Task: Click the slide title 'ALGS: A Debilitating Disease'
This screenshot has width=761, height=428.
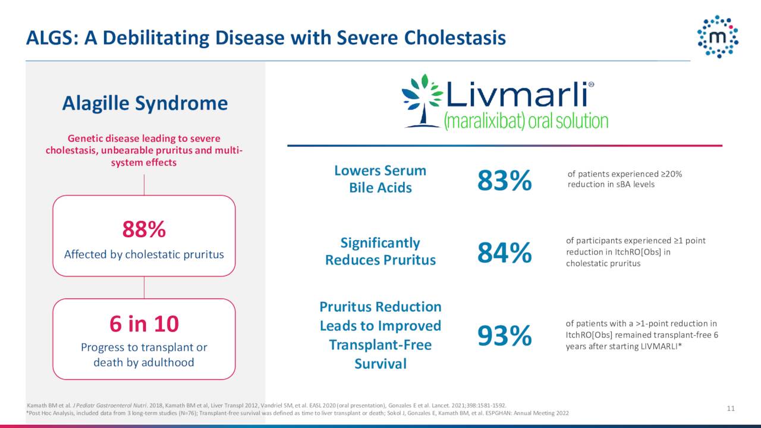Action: [x=266, y=37]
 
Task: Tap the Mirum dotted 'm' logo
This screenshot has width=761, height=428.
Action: [x=718, y=37]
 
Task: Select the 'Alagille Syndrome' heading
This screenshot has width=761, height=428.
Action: [x=144, y=103]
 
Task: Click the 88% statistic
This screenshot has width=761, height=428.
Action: [x=144, y=228]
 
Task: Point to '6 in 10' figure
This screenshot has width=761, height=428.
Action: [x=144, y=324]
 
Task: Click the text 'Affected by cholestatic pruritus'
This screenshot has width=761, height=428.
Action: [x=144, y=254]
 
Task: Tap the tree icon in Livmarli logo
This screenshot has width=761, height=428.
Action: [x=422, y=100]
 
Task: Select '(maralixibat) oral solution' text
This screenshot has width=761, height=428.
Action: [x=526, y=121]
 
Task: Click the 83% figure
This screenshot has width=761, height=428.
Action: [x=504, y=181]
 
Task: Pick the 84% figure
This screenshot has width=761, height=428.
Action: [x=504, y=253]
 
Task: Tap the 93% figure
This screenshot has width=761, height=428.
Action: [x=504, y=336]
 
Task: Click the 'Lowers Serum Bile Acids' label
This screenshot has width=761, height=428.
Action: [x=380, y=179]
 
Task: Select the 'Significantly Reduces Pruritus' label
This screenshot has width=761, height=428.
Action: [x=380, y=251]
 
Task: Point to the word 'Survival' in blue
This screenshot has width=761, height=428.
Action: [x=380, y=364]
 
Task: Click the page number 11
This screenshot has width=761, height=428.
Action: [x=731, y=408]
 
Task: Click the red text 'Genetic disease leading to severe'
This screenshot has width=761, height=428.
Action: [x=144, y=138]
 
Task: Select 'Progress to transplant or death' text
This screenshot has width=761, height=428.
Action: [x=144, y=354]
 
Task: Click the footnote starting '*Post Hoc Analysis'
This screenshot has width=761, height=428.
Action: [x=297, y=413]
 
